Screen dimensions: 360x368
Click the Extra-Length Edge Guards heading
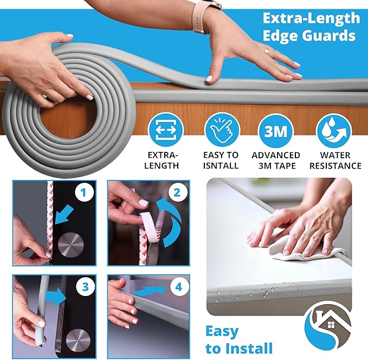coord(311,27)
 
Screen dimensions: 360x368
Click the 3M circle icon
coord(276,130)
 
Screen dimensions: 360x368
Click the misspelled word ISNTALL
coord(221,165)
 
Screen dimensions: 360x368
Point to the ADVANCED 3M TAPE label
coord(276,160)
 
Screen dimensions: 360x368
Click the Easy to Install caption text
coord(238,339)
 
